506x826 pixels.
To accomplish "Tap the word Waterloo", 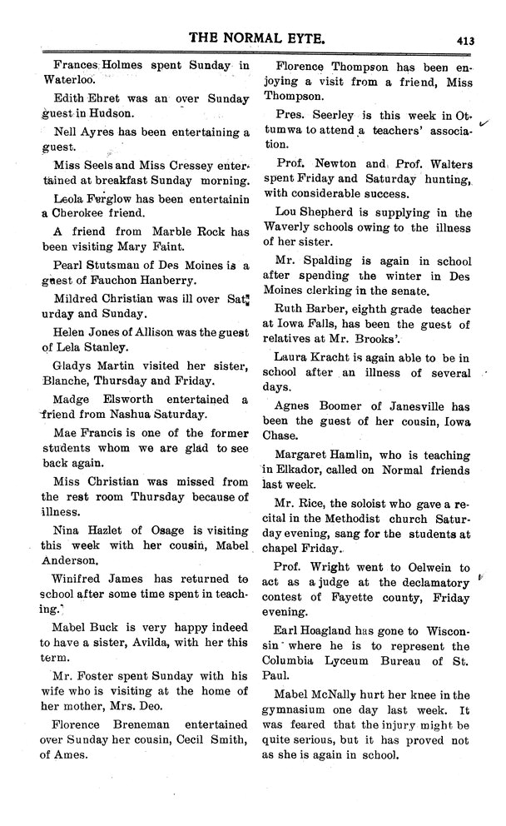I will point(70,82).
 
